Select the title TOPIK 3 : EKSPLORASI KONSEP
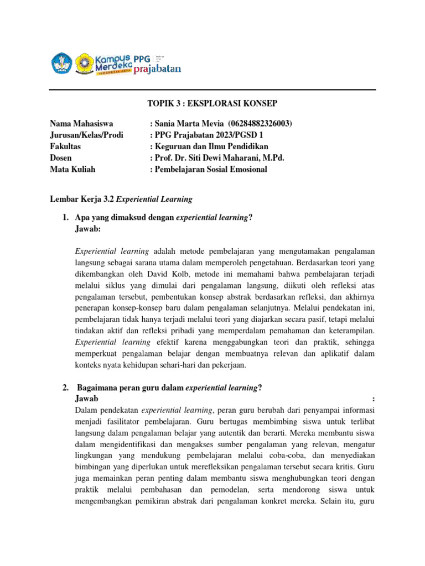[212, 104]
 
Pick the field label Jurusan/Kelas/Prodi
[86, 135]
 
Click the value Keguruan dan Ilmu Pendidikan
[211, 146]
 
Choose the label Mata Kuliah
[72, 169]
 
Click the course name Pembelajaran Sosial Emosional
[210, 169]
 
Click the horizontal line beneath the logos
[212, 90]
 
